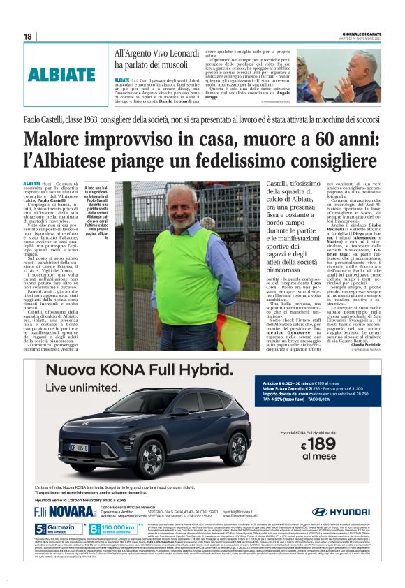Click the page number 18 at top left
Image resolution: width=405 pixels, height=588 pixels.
tap(28, 36)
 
